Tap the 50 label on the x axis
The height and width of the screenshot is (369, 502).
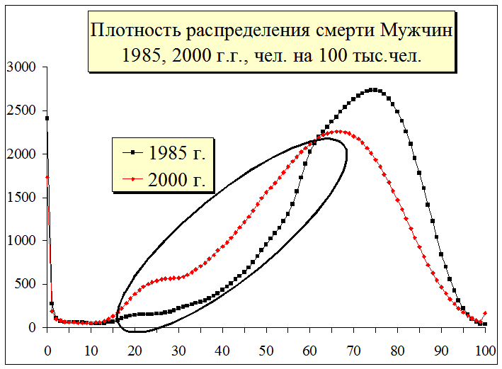266,349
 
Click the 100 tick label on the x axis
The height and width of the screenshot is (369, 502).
485,349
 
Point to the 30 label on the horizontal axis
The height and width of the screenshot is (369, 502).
178,349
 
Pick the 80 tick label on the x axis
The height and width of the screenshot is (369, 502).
397,349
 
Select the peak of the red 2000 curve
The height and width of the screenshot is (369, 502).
340,131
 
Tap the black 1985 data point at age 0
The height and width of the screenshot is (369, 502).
47,118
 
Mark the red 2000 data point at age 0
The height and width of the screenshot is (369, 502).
47,178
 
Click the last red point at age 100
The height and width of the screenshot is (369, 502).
485,313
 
